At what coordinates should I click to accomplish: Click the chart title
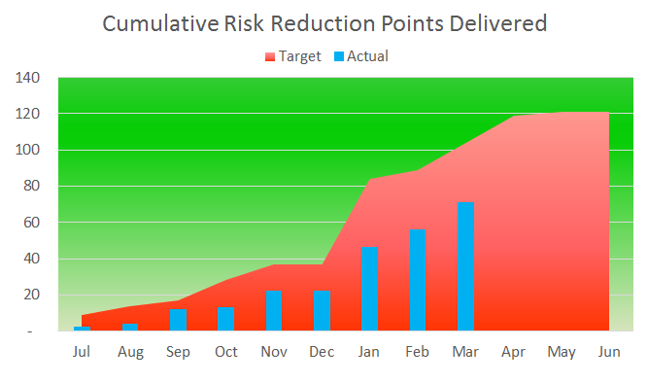tap(324, 23)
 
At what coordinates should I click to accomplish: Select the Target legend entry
tap(293, 56)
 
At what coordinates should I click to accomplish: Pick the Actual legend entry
tap(361, 56)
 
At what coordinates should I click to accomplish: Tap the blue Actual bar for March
tap(465, 266)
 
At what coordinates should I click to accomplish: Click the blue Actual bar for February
tap(418, 280)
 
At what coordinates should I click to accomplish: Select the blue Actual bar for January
tap(369, 289)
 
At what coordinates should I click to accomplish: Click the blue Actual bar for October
tap(226, 319)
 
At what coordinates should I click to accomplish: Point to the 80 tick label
tap(31, 186)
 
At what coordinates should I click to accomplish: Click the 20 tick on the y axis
tap(31, 295)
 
